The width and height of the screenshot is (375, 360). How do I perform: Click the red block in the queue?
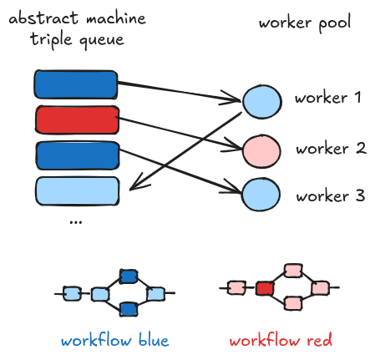click(78, 120)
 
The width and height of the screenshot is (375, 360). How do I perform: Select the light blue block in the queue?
click(78, 191)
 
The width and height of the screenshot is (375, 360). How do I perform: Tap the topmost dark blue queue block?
click(76, 84)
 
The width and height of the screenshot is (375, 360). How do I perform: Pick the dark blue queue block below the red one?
click(78, 155)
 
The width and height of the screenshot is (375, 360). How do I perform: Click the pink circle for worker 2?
click(261, 151)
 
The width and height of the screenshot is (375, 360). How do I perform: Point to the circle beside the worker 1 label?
click(262, 102)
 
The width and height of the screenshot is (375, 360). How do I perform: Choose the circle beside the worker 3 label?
click(261, 195)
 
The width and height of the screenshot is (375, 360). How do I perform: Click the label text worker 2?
click(331, 149)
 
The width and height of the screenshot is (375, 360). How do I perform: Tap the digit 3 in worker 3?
click(360, 195)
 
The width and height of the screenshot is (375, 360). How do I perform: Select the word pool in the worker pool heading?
click(335, 23)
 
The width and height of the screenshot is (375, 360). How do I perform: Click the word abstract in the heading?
click(43, 18)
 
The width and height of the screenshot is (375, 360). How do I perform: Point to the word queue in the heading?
click(102, 41)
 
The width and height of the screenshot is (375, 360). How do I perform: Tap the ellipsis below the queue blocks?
click(76, 222)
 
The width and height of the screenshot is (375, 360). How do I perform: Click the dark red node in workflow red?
click(265, 288)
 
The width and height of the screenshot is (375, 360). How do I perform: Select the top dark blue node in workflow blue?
click(129, 276)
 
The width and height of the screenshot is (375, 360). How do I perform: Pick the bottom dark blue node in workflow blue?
click(129, 309)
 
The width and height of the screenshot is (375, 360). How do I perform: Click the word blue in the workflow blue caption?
click(154, 340)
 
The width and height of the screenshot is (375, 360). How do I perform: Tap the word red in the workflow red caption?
click(319, 340)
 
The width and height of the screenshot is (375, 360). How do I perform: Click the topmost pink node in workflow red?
click(293, 271)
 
